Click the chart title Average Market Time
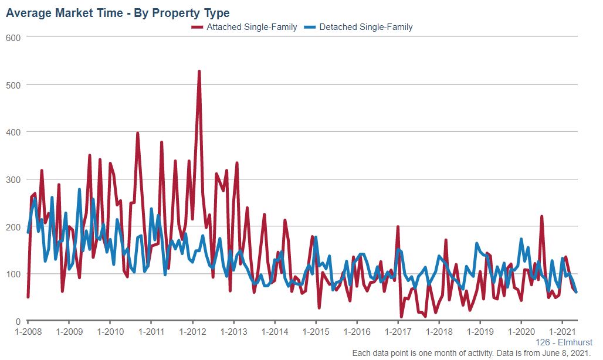117,12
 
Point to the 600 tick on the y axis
13,38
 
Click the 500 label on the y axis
13,84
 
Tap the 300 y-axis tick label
13,179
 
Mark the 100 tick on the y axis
13,274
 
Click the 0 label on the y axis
18,321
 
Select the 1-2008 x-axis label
28,331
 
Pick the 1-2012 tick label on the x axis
192,331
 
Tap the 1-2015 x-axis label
316,331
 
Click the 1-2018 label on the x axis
439,331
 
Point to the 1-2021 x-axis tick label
563,331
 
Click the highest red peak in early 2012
199,72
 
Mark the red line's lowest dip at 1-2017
402,317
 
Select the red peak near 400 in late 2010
137,133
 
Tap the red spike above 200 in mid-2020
541,216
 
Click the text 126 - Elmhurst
564,342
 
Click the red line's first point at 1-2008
28,297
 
